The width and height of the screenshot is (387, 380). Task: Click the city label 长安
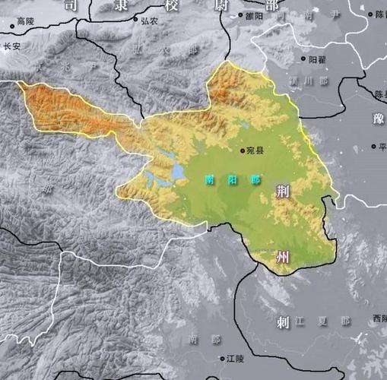pyautogui.click(x=12, y=46)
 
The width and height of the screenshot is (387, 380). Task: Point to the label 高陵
pyautogui.click(x=25, y=21)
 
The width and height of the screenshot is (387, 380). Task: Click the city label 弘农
pyautogui.click(x=149, y=21)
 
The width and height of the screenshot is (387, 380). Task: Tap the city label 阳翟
pyautogui.click(x=317, y=59)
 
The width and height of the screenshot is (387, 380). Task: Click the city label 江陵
pyautogui.click(x=235, y=357)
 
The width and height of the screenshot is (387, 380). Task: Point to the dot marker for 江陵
pyautogui.click(x=221, y=357)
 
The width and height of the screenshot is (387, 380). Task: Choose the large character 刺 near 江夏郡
pyautogui.click(x=282, y=322)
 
